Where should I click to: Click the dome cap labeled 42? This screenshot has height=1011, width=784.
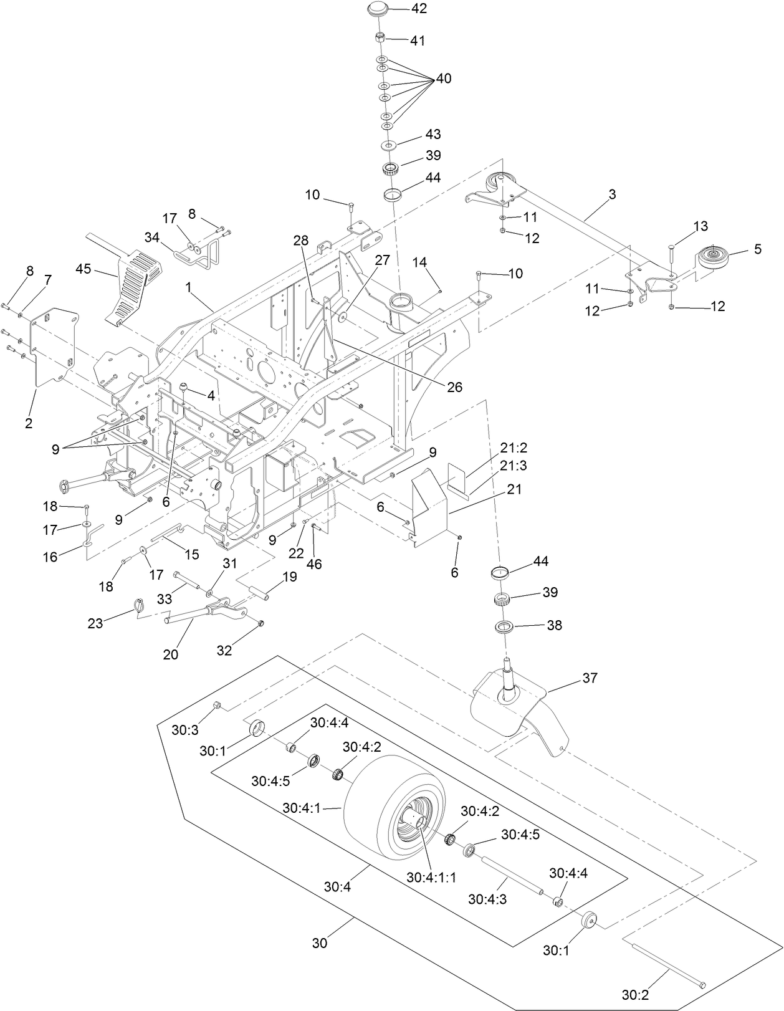[378, 10]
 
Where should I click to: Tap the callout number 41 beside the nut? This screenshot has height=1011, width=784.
[417, 41]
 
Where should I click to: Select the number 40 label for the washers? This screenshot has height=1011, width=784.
[443, 79]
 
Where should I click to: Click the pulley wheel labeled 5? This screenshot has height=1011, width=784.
[711, 256]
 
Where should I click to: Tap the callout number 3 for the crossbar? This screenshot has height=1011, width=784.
[612, 194]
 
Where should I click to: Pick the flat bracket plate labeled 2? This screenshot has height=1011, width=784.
[53, 349]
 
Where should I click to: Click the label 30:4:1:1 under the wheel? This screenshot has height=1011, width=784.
[431, 877]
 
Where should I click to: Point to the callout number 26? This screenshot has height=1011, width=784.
[454, 387]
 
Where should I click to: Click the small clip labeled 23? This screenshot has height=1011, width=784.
[140, 604]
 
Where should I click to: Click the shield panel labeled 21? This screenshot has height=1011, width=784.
[430, 505]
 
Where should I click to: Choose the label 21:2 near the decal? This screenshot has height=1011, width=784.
[514, 448]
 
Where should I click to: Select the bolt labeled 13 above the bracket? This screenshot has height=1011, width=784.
[672, 255]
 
